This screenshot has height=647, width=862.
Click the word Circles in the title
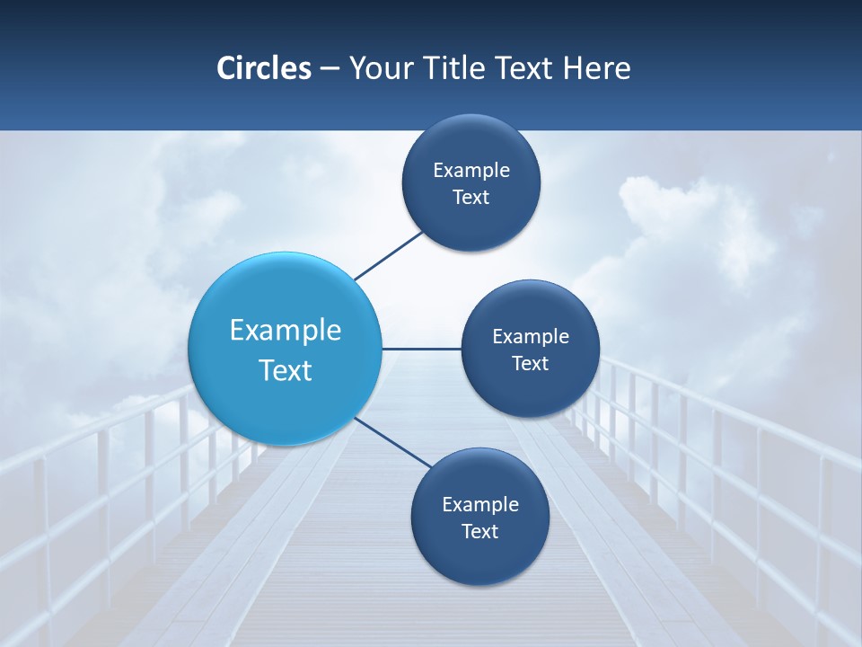pos(264,68)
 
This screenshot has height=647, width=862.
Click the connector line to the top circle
pos(390,255)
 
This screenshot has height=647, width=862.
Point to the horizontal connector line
pos(421,349)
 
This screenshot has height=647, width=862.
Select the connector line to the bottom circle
pos(393,442)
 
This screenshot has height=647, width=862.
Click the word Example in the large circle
pos(286,330)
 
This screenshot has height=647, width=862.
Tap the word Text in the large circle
pos(286,370)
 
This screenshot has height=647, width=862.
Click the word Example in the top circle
pos(471,170)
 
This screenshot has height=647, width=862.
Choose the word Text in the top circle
pos(471,197)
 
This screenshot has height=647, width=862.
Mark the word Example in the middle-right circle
pos(531,336)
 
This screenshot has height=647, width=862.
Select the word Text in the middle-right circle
pos(531,363)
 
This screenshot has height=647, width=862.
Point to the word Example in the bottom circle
pos(480,504)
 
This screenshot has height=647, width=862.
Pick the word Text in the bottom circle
pos(480,531)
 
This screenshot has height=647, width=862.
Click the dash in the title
pos(330,68)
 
